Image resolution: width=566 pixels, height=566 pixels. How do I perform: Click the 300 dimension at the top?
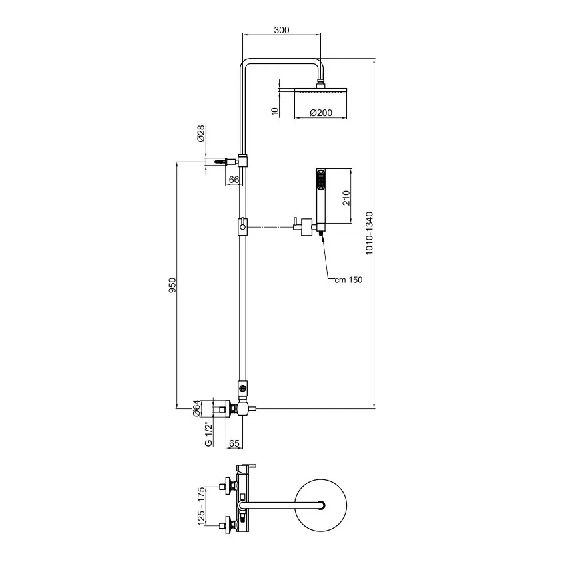pos(282,30)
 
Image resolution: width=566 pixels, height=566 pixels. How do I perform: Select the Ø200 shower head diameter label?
pos(320,113)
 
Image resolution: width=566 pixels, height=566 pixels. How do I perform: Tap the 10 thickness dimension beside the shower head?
pos(274,111)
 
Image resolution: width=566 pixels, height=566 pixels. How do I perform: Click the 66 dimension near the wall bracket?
pos(234,180)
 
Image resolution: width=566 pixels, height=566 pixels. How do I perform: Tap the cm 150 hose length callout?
pos(348,280)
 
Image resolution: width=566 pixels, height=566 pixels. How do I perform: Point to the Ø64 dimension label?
pos(196,408)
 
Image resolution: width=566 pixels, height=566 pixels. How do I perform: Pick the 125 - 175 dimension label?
pos(202,505)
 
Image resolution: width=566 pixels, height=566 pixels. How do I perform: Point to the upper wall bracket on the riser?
pos(244,160)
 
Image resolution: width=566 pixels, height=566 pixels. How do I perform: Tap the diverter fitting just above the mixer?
pos(244,386)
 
